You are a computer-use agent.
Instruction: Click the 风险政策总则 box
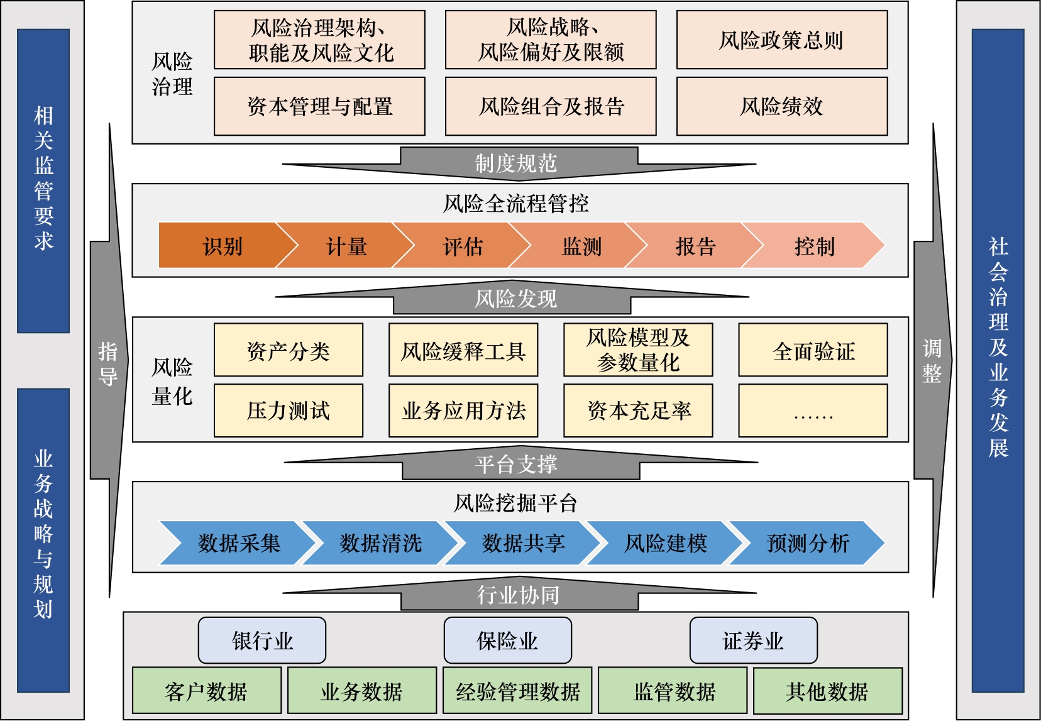[x=781, y=40]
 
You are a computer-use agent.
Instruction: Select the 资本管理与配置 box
[x=319, y=106]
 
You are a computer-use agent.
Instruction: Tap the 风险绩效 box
[x=781, y=106]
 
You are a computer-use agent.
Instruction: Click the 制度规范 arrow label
[x=516, y=163]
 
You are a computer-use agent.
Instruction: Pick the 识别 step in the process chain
[x=223, y=246]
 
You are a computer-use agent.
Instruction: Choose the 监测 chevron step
[x=581, y=246]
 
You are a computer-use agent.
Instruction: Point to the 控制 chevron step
[x=814, y=246]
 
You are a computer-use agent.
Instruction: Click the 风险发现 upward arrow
[x=515, y=299]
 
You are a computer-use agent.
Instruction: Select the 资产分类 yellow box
[x=289, y=350]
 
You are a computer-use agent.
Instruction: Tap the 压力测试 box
[x=289, y=410]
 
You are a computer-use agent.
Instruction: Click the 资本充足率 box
[x=638, y=410]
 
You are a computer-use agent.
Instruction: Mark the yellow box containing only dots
[x=813, y=410]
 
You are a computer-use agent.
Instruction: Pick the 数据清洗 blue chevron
[x=381, y=542]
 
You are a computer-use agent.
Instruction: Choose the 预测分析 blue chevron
[x=808, y=542]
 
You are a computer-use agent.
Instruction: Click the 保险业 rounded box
[x=507, y=641]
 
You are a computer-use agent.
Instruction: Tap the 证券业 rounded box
[x=753, y=641]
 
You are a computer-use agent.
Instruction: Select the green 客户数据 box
[x=207, y=691]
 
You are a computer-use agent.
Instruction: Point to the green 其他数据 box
[x=827, y=691]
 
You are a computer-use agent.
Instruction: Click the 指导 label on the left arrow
[x=108, y=363]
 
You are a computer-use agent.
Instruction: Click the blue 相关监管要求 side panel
[x=43, y=180]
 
